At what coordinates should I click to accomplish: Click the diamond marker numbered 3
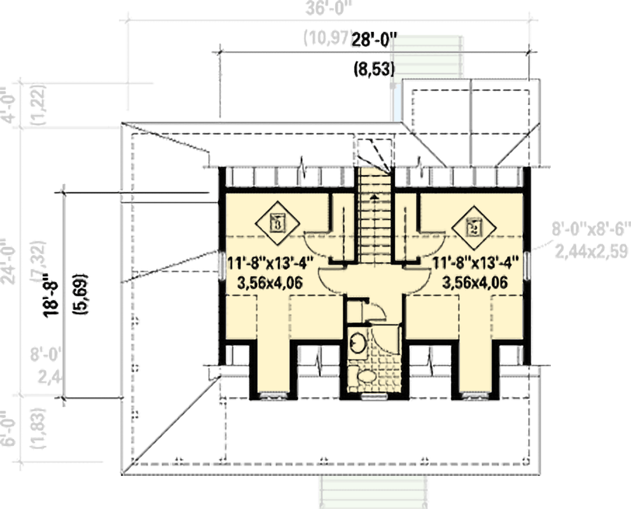tap(277, 223)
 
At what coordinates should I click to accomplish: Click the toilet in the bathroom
tap(366, 377)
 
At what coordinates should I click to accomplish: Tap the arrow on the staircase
tap(375, 197)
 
